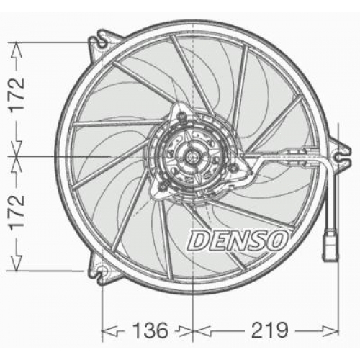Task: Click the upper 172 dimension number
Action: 17,94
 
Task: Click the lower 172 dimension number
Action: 17,211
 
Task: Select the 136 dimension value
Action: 150,330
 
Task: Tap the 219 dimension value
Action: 269,330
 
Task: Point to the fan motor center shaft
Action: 192,157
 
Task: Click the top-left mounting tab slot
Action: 102,42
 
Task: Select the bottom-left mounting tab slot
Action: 102,272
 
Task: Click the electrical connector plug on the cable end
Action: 330,245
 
